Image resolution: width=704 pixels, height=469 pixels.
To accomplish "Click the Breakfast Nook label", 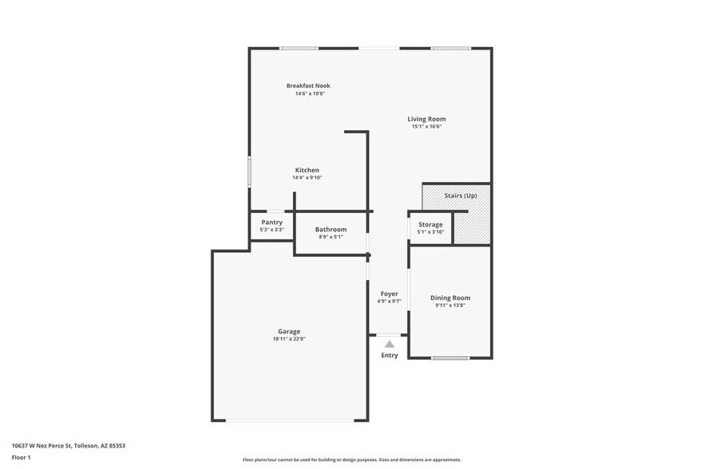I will click(308, 85).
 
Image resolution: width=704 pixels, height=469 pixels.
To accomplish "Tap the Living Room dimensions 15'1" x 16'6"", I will click(426, 126).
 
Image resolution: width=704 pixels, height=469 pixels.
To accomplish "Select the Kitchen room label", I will click(307, 170).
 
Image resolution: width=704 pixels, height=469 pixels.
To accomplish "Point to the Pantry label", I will click(271, 222).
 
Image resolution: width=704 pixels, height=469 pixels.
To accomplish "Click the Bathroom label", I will click(330, 229).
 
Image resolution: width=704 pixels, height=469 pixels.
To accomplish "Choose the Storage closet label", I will click(430, 224).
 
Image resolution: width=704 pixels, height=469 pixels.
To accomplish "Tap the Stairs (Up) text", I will click(461, 195).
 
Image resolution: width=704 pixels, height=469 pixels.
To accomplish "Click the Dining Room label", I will click(450, 298).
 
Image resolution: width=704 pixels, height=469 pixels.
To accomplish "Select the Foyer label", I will click(389, 294).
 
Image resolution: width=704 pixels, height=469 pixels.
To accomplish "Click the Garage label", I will click(289, 331).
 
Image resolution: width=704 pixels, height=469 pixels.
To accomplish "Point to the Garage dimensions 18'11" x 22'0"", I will click(289, 339).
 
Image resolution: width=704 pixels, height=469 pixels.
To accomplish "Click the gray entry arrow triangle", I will click(390, 344).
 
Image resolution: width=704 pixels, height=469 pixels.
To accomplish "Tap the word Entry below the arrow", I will click(390, 355).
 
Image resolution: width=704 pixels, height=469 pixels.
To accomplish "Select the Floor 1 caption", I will click(21, 457).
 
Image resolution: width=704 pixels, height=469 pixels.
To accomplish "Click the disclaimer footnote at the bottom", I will click(351, 459).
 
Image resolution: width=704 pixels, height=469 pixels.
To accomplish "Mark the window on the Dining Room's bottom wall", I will click(450, 358).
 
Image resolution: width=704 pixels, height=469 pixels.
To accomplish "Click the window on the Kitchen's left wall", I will click(249, 171).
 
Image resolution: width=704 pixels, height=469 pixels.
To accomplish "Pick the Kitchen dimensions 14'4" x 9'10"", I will click(307, 178).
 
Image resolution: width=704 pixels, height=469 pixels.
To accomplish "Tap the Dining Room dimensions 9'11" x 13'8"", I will click(450, 305).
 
